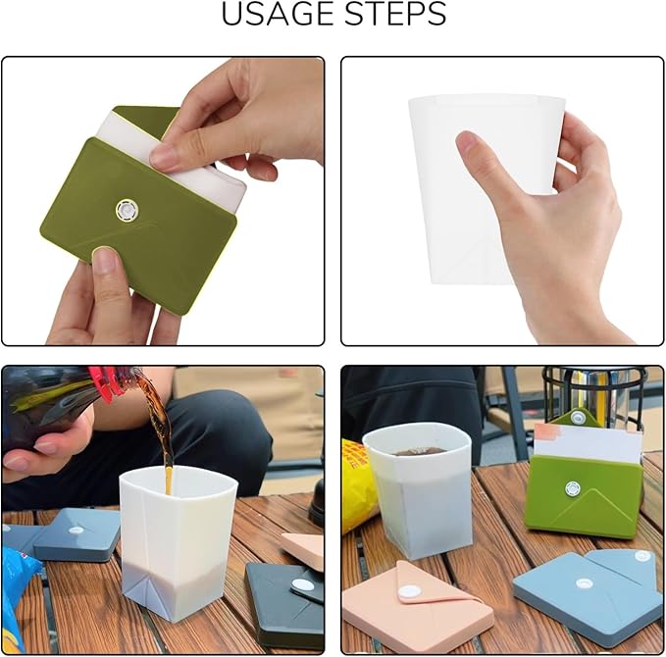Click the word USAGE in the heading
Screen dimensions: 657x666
(x=280, y=16)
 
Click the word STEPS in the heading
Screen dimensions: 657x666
(x=393, y=16)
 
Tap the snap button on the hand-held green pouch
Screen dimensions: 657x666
(x=126, y=208)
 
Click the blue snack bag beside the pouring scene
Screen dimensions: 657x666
(x=20, y=598)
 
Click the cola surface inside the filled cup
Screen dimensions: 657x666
(x=419, y=452)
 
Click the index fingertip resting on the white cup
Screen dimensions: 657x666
(x=469, y=145)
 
